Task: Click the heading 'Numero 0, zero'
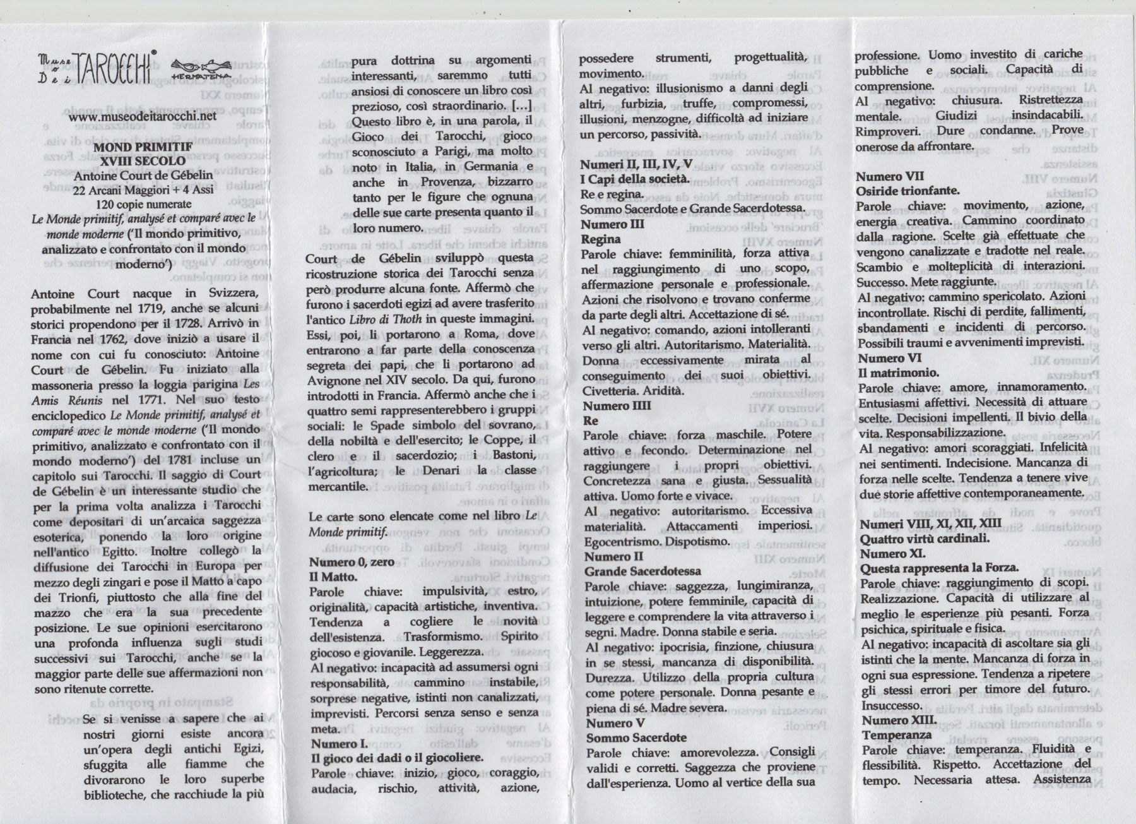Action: click(352, 562)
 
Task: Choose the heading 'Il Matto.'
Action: click(333, 576)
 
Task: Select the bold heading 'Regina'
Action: click(601, 239)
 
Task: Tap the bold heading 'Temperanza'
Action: click(896, 735)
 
